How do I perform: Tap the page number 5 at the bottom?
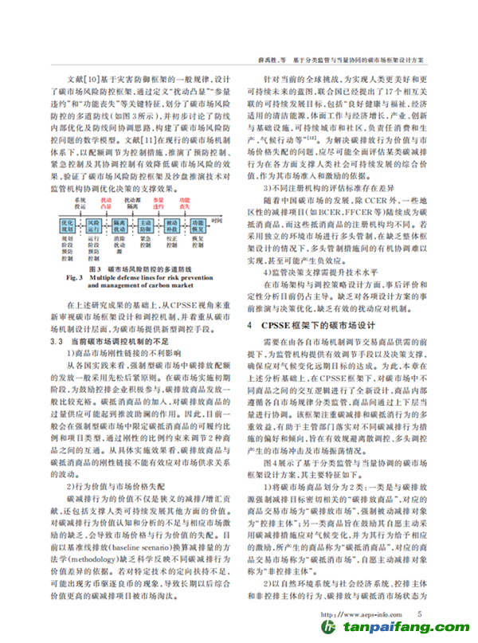pos(419,614)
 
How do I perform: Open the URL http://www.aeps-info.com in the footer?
pos(356,615)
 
